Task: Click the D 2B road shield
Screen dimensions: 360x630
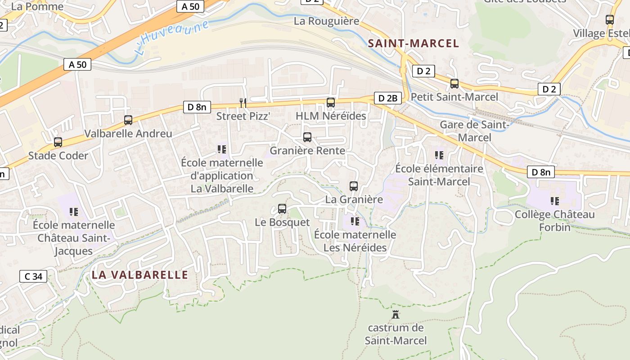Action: tap(387, 98)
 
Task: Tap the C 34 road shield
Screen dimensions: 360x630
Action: tap(33, 276)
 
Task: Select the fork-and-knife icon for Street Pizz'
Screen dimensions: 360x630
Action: tap(243, 103)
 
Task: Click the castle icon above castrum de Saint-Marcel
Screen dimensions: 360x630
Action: tap(396, 314)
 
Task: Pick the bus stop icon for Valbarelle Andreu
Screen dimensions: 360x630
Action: tap(128, 120)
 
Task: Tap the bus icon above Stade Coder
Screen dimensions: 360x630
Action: tap(58, 142)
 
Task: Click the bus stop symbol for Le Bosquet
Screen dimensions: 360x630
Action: tap(282, 209)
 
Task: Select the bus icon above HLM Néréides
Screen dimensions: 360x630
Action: tap(331, 103)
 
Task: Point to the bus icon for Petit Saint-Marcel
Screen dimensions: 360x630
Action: tap(454, 84)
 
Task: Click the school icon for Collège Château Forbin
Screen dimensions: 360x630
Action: tap(555, 201)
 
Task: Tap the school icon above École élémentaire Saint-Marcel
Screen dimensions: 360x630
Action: tap(439, 155)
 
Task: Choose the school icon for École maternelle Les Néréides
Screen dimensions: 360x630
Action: tap(355, 221)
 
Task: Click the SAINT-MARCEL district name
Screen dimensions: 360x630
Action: tap(414, 44)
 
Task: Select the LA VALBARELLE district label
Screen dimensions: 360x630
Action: tap(139, 274)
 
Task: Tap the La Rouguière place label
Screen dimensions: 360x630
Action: tap(326, 21)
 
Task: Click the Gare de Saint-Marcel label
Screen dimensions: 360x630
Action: tap(474, 131)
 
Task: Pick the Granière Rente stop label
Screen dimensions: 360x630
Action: tap(307, 151)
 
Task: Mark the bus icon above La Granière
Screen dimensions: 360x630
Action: tap(354, 186)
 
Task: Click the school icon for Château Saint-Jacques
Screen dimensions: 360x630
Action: tap(74, 211)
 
